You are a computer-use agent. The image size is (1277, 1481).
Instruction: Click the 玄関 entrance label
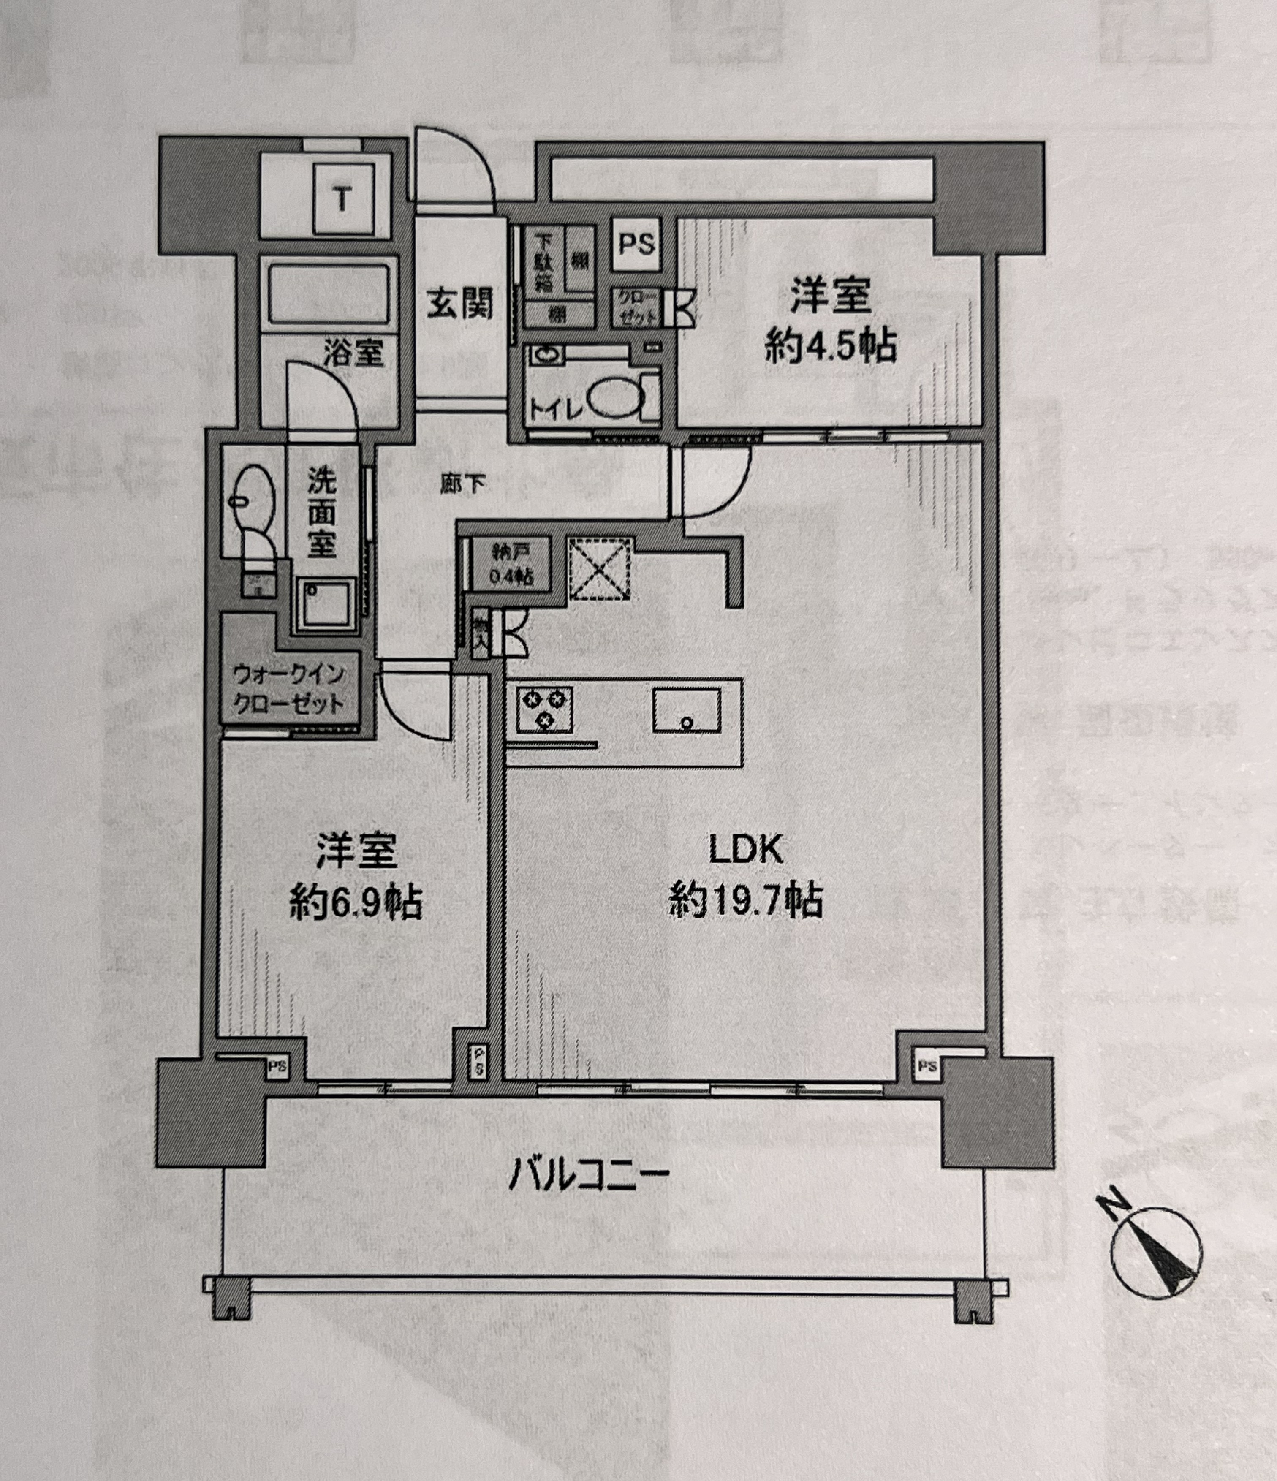click(460, 303)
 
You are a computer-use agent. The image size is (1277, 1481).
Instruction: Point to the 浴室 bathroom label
click(353, 352)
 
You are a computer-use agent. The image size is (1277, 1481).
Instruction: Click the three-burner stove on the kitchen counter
click(543, 708)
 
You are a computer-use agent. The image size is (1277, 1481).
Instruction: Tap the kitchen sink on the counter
click(686, 710)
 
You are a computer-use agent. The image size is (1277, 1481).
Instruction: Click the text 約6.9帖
click(355, 903)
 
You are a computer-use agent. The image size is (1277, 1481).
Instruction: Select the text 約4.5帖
click(830, 347)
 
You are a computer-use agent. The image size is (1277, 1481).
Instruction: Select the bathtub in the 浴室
click(329, 294)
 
